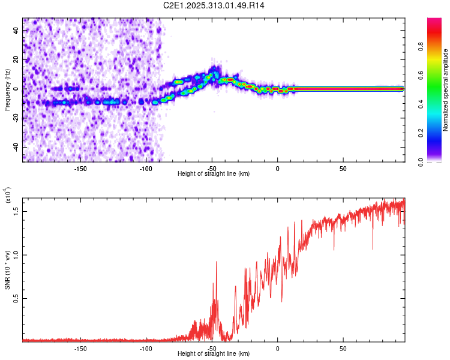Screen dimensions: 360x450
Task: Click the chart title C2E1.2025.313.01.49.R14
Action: pos(214,5)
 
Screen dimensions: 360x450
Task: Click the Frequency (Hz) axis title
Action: pos(7,90)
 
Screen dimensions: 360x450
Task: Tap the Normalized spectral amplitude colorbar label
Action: pos(445,90)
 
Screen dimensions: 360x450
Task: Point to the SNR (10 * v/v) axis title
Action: pos(8,269)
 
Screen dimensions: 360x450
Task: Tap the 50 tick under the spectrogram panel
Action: pos(343,167)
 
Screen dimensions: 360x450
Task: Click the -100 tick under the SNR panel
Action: pos(146,348)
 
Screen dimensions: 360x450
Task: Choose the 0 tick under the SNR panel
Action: pos(277,348)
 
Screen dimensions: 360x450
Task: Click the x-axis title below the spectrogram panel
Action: pos(214,173)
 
